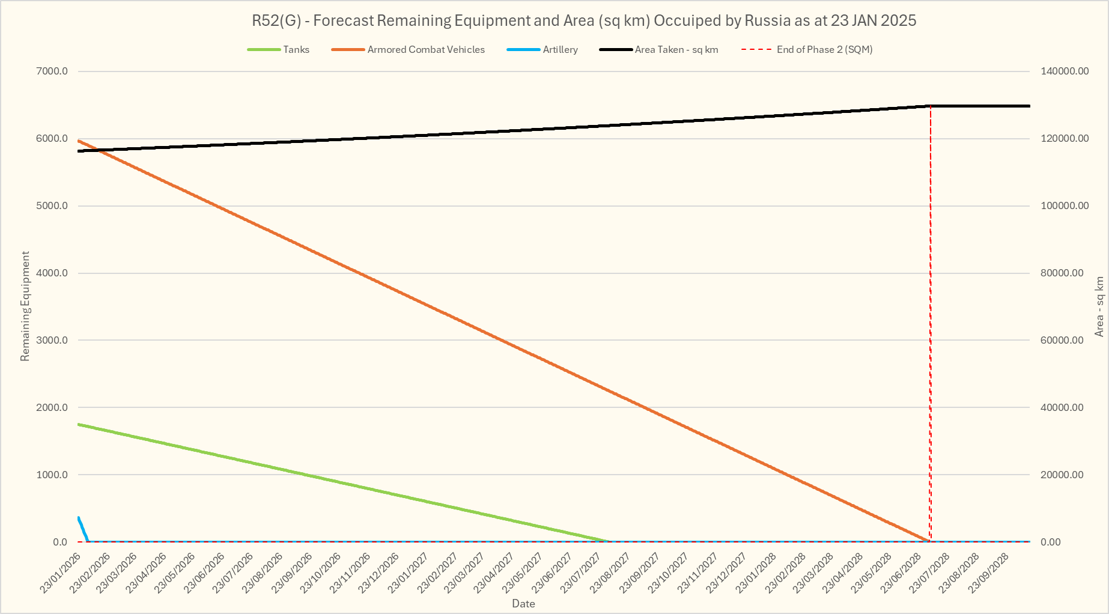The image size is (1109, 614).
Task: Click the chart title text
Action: (583, 21)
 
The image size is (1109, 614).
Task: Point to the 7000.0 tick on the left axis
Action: (52, 71)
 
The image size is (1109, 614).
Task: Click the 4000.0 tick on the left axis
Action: (52, 273)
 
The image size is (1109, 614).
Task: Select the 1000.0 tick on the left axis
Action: (52, 475)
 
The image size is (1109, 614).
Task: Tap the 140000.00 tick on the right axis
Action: (1064, 71)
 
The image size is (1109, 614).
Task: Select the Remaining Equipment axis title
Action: (25, 306)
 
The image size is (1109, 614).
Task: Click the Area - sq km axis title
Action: (1099, 306)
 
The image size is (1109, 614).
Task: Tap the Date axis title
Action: (523, 604)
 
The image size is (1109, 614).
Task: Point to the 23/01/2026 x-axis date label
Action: (61, 573)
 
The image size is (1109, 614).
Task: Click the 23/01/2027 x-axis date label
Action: (409, 573)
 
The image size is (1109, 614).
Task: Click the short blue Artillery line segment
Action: (83, 528)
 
